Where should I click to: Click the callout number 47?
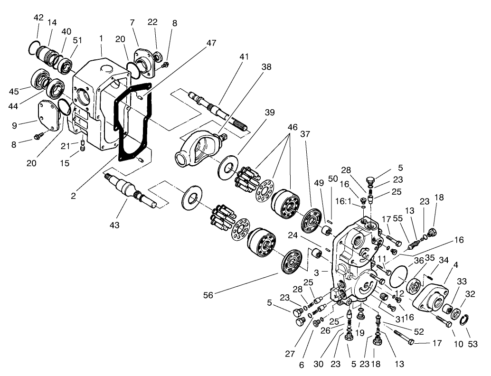pos(211,43)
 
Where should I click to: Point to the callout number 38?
pos(266,67)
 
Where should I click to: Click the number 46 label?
pos(293,128)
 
